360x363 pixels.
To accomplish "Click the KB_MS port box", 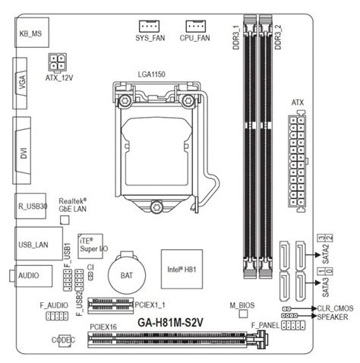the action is (x=32, y=33).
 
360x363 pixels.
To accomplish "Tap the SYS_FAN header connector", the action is (x=149, y=26).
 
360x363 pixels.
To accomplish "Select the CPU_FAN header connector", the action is (x=196, y=26).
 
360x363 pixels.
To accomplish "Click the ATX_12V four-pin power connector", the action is (x=57, y=62).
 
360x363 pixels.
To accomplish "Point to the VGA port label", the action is (x=22, y=83).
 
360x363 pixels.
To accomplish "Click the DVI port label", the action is (x=24, y=153).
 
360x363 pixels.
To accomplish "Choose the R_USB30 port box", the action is (x=30, y=206).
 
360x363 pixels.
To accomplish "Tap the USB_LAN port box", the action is (x=39, y=244).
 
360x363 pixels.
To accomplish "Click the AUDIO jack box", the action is (x=33, y=276).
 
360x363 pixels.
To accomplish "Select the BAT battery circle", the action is (x=127, y=275).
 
